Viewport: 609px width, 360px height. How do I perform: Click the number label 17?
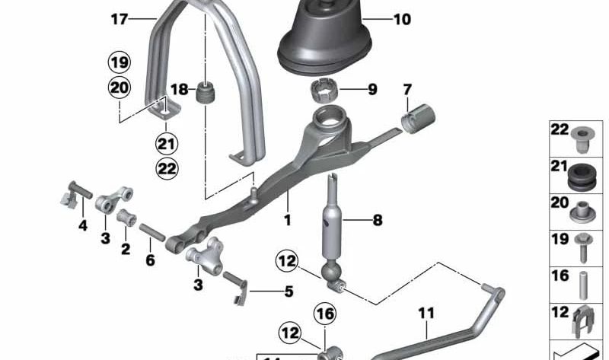(x=119, y=20)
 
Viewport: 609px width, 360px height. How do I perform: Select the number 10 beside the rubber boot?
(x=401, y=18)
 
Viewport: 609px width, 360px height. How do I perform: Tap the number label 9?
(x=372, y=90)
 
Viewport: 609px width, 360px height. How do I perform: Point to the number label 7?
(x=407, y=90)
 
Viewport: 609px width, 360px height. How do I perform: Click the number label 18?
(x=178, y=90)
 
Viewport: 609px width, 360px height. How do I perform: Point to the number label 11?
(x=426, y=311)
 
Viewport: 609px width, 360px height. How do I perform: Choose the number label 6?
(x=150, y=260)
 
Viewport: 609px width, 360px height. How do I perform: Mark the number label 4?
(x=83, y=225)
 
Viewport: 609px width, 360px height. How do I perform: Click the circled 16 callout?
(x=324, y=313)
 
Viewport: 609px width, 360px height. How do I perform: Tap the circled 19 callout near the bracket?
(x=119, y=62)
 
